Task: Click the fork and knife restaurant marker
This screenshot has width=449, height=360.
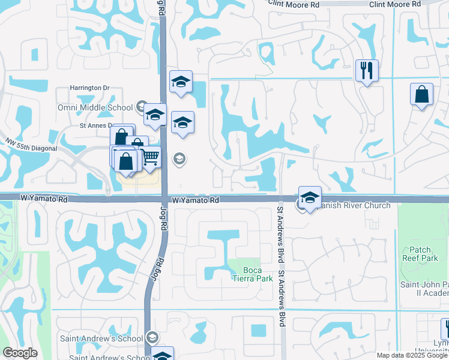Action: click(x=366, y=71)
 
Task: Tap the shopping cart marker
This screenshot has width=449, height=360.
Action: click(x=150, y=157)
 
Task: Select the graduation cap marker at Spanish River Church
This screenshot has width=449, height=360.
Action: click(x=310, y=197)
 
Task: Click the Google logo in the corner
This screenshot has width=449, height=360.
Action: click(x=20, y=353)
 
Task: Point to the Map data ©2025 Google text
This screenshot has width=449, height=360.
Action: click(x=412, y=355)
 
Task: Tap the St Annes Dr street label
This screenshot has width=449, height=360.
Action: click(x=96, y=126)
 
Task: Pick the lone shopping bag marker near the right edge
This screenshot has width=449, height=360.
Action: click(x=421, y=94)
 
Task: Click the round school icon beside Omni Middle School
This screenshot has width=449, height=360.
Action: click(x=142, y=107)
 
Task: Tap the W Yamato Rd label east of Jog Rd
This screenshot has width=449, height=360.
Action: click(x=195, y=199)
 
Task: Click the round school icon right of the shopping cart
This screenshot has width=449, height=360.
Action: click(x=179, y=159)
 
